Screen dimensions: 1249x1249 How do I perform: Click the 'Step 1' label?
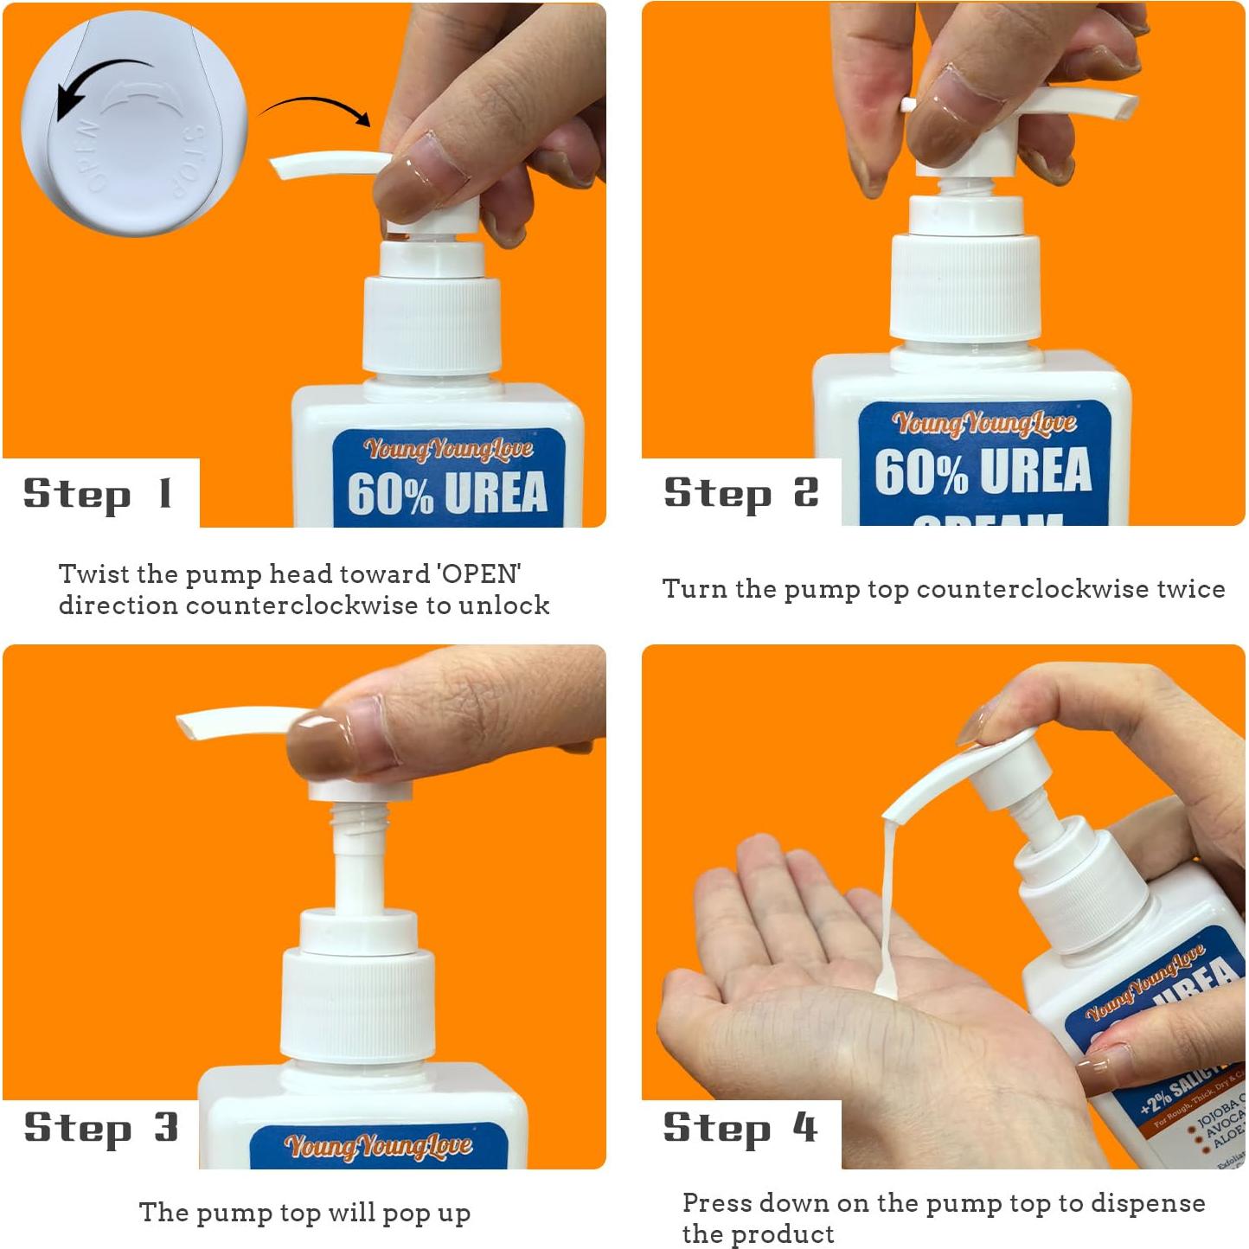coord(98,494)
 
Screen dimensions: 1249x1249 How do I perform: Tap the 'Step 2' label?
coord(740,493)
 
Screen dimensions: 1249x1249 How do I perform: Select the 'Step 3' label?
coord(100,1128)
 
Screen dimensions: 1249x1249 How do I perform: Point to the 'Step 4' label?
coord(740,1128)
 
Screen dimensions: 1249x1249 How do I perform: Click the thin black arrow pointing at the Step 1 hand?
coord(317,107)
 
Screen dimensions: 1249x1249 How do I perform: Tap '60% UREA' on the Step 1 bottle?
coord(447,493)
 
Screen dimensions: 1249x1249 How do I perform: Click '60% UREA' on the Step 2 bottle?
coord(983,471)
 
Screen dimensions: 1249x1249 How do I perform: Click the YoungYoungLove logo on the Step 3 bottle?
coord(378,1146)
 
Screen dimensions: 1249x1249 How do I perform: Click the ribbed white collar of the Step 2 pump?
coord(964,288)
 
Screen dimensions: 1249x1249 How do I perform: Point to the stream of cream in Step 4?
coord(887,908)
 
